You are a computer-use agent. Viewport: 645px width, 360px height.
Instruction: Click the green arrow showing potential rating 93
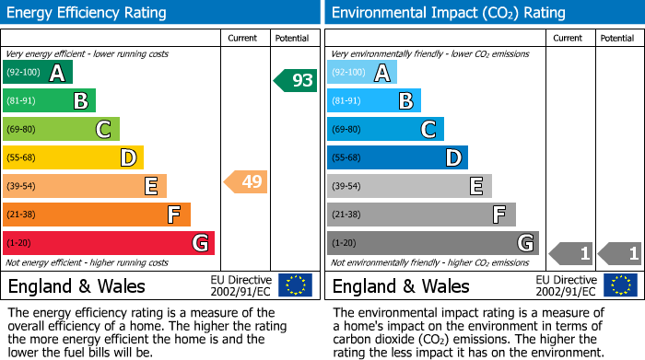tap(296, 80)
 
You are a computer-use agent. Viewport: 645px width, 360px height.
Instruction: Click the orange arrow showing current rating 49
tap(246, 181)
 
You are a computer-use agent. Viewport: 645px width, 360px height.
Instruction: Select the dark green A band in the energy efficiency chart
tap(38, 73)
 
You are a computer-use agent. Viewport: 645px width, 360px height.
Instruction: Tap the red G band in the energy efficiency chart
tap(109, 243)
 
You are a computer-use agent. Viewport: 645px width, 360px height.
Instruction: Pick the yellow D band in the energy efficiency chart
tap(73, 157)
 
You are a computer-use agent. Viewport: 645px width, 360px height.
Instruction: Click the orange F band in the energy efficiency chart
tap(97, 215)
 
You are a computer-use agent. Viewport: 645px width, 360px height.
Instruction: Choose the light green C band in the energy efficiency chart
tap(61, 130)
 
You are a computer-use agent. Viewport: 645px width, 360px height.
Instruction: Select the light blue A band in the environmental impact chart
tap(362, 73)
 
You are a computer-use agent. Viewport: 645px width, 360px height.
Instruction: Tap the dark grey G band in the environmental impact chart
tap(432, 243)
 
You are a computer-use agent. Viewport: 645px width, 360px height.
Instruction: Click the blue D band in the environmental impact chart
tap(397, 157)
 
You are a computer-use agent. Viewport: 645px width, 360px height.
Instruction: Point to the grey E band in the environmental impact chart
tap(409, 186)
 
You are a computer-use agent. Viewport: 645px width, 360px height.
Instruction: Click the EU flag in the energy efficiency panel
tap(295, 285)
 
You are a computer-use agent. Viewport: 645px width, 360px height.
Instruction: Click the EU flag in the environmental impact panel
tap(621, 285)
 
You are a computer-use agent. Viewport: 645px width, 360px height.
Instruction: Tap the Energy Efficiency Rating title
tap(88, 13)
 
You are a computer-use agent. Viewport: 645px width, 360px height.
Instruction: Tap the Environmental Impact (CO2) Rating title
tap(448, 13)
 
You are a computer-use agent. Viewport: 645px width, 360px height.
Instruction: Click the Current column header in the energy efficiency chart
tap(244, 38)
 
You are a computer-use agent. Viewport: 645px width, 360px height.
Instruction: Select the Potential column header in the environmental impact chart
tap(617, 38)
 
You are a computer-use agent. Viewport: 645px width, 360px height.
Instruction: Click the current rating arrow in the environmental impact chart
tap(570, 252)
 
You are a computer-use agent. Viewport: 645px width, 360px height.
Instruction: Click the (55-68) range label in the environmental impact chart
tap(346, 158)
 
